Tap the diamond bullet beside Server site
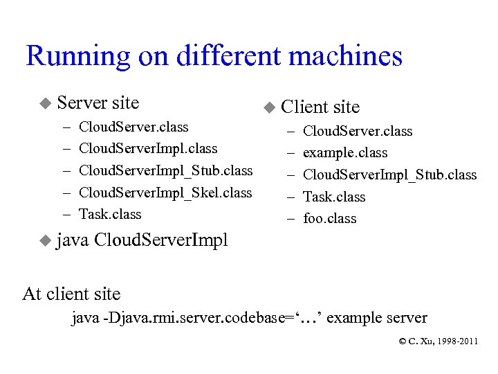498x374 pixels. pyautogui.click(x=45, y=104)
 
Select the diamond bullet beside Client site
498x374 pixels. pyautogui.click(x=269, y=108)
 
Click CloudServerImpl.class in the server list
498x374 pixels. pyautogui.click(x=148, y=148)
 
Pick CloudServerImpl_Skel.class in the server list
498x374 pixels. pyautogui.click(x=166, y=193)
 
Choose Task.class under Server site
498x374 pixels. pyautogui.click(x=110, y=214)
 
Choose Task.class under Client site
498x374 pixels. pyautogui.click(x=334, y=197)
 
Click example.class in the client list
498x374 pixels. pyautogui.click(x=345, y=153)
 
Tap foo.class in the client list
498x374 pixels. pyautogui.click(x=330, y=219)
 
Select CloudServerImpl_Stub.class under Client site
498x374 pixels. pyautogui.click(x=390, y=175)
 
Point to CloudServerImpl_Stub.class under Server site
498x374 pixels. pyautogui.click(x=166, y=170)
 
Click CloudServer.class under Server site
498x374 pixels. pyautogui.click(x=133, y=127)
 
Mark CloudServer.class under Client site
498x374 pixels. pyautogui.click(x=358, y=131)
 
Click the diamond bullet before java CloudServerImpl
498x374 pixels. pyautogui.click(x=45, y=241)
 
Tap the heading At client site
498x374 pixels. pyautogui.click(x=71, y=294)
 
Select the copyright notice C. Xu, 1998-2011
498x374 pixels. pyautogui.click(x=438, y=341)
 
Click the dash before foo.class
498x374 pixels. pyautogui.click(x=290, y=219)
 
